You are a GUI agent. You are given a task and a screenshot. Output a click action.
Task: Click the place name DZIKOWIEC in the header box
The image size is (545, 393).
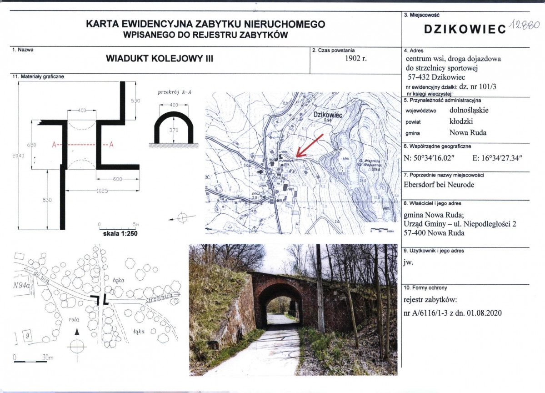pos(465,29)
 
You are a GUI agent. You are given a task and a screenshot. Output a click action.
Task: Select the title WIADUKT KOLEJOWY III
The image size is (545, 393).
pos(159,59)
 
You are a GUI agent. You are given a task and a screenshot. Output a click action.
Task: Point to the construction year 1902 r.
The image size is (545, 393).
pos(355,58)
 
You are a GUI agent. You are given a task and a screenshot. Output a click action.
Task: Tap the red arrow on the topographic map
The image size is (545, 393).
pos(309,146)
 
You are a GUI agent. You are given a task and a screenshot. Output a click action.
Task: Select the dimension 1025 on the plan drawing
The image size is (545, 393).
pos(104,191)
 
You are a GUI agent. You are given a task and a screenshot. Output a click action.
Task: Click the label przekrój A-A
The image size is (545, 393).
pos(175,92)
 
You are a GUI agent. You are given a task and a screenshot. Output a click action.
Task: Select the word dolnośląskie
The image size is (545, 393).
pos(469,110)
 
